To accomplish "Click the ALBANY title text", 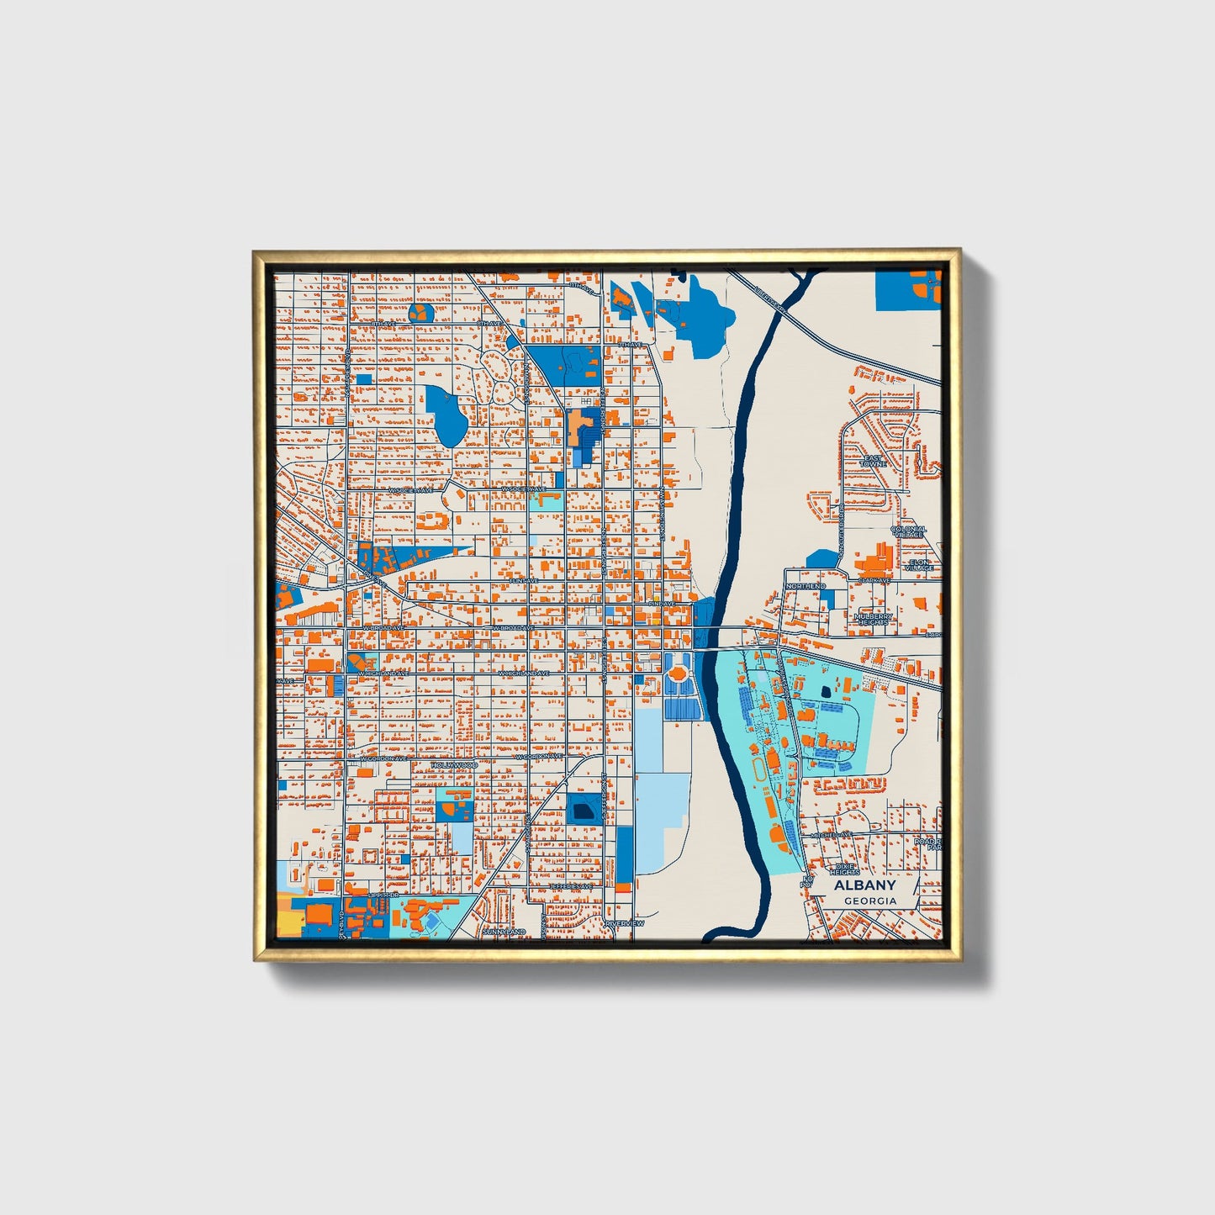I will click(x=864, y=885).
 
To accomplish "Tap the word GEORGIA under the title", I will click(x=870, y=901).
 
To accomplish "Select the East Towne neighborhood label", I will click(x=874, y=461).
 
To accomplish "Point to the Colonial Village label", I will click(x=908, y=531).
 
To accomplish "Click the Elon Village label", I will click(x=920, y=565).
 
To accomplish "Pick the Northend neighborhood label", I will click(x=806, y=585).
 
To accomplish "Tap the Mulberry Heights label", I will click(x=872, y=619).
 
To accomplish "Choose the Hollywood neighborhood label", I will click(x=454, y=765).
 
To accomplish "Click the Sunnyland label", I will click(x=504, y=932).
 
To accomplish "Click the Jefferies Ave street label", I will click(x=571, y=886).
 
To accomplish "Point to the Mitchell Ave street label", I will click(x=832, y=834).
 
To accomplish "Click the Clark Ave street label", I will click(x=874, y=580).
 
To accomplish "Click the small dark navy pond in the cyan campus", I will click(x=825, y=690).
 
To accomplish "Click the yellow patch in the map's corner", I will click(x=288, y=923).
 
